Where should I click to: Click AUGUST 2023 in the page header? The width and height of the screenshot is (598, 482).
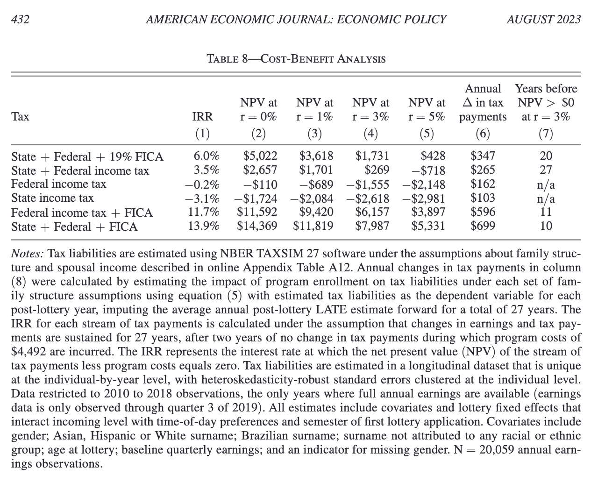click(x=543, y=20)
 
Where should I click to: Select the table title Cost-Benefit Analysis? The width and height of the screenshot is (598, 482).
click(x=296, y=59)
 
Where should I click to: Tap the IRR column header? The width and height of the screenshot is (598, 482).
click(x=202, y=117)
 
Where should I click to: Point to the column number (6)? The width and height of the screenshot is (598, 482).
click(x=482, y=134)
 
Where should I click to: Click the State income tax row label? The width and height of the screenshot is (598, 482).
click(x=52, y=198)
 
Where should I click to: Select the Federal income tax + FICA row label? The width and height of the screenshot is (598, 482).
click(x=82, y=213)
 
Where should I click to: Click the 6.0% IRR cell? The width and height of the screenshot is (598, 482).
click(x=206, y=156)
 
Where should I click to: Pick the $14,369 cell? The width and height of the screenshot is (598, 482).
click(x=257, y=227)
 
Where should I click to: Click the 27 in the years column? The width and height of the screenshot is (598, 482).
click(x=546, y=170)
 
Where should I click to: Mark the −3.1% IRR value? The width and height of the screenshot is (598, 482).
click(x=203, y=198)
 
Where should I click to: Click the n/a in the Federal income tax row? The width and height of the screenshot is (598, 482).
click(x=546, y=184)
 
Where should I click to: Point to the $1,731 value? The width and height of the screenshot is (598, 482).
click(x=372, y=156)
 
